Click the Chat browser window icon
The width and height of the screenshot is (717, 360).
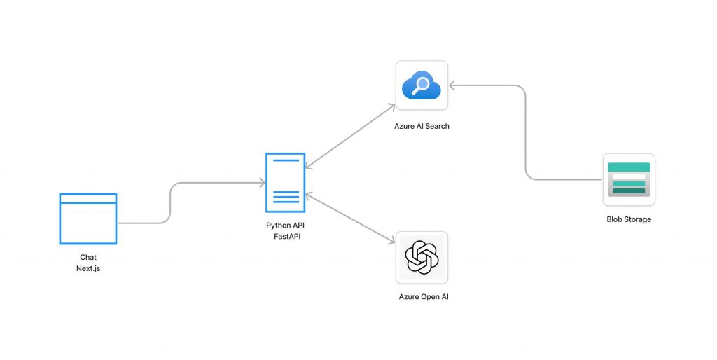[88, 219]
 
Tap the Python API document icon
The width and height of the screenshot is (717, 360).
[286, 182]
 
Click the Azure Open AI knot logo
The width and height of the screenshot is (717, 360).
[422, 257]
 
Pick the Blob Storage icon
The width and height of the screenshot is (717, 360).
[629, 179]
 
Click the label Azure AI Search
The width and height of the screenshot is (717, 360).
[422, 126]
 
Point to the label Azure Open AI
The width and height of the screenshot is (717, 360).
[424, 296]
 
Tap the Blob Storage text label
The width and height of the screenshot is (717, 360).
[629, 219]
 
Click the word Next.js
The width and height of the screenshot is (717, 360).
[88, 268]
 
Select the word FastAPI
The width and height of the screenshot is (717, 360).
[286, 236]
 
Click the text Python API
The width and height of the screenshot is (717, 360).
[286, 226]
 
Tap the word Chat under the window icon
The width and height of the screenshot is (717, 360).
[88, 258]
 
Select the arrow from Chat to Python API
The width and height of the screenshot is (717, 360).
[171, 203]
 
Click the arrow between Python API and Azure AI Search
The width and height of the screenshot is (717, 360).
[350, 137]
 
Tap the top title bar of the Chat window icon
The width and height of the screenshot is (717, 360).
[88, 198]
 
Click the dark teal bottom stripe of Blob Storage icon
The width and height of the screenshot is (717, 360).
[629, 191]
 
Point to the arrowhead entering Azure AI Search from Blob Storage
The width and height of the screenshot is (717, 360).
[453, 85]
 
